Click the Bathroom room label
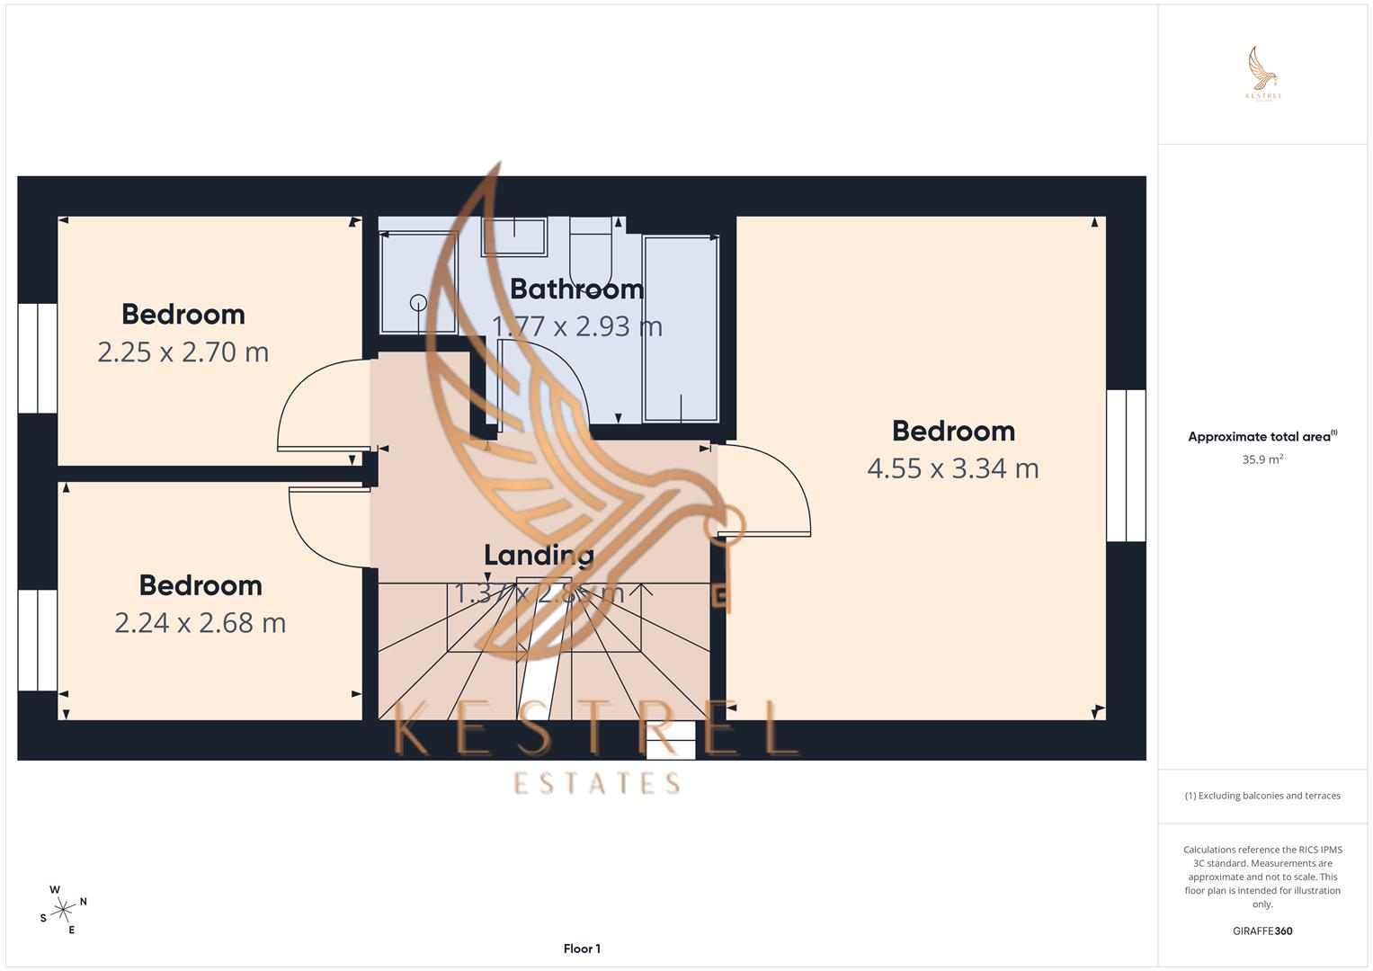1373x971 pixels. (576, 290)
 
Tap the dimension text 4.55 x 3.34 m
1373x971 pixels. (953, 468)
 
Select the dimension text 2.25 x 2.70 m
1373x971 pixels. (183, 352)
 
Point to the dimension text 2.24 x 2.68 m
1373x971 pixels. (200, 622)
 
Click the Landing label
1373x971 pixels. (539, 556)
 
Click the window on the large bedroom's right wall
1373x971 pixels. (1126, 466)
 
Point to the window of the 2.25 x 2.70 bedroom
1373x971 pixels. (38, 358)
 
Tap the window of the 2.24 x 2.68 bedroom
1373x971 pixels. (38, 640)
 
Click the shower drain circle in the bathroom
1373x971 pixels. (419, 303)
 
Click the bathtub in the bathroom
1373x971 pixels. (681, 329)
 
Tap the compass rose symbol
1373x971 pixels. (63, 910)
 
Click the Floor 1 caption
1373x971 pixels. (582, 949)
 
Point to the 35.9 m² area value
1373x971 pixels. (1262, 459)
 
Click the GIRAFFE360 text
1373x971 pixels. (1262, 931)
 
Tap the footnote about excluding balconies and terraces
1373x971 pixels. (1262, 796)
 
